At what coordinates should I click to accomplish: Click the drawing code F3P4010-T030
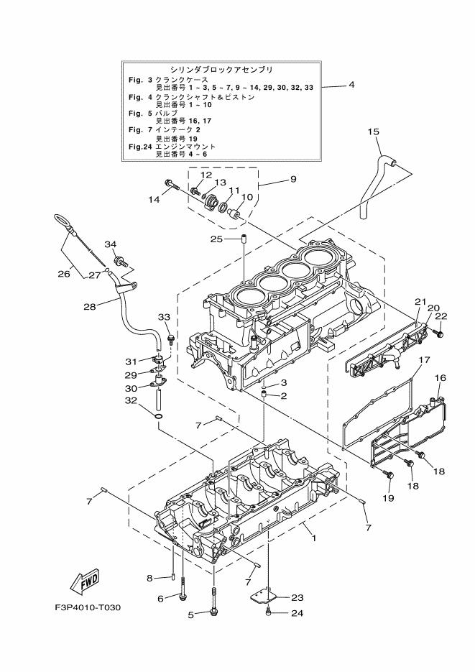88,608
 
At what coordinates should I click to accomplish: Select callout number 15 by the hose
374,132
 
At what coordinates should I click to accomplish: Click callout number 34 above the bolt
110,244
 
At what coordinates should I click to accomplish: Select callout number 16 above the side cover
440,377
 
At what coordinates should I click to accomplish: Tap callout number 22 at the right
441,316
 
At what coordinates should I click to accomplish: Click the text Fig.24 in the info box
140,146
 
